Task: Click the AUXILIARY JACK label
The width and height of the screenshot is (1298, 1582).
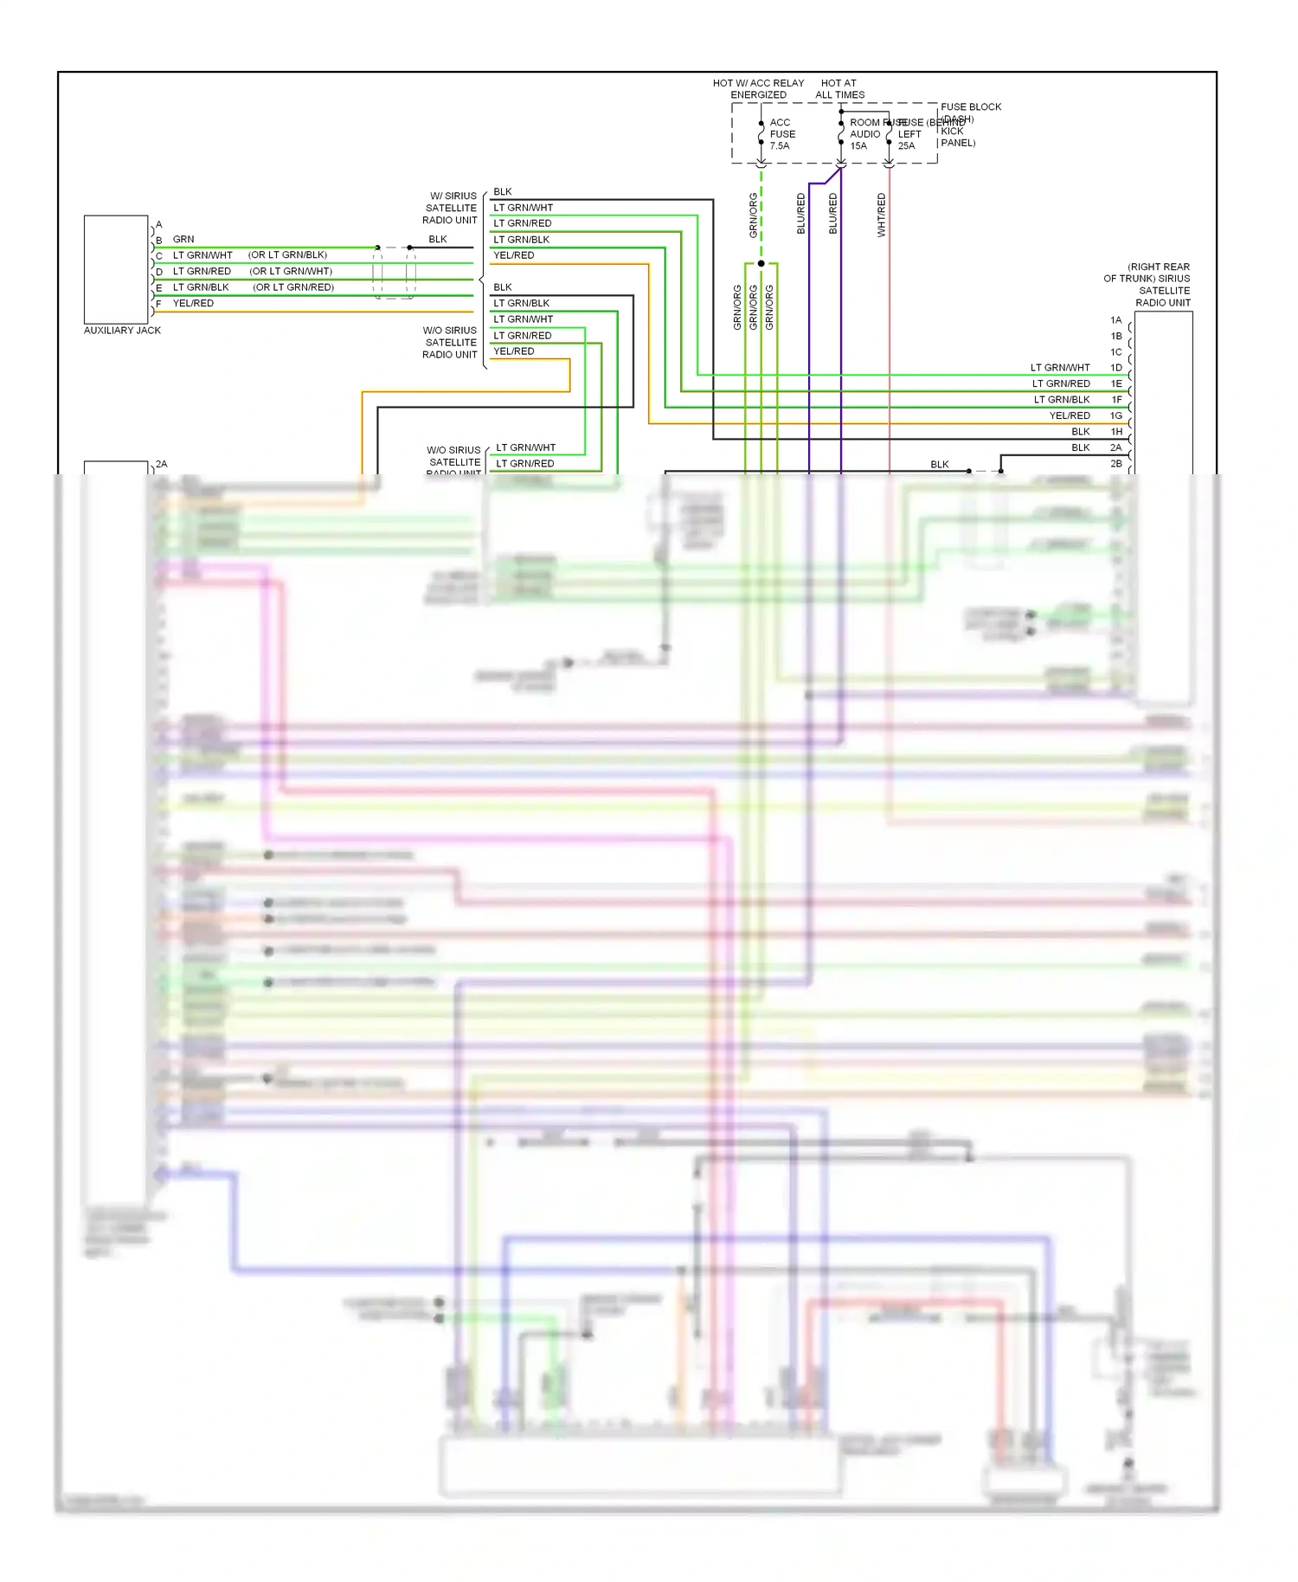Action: pos(122,331)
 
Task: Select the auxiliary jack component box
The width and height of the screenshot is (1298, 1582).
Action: pos(116,269)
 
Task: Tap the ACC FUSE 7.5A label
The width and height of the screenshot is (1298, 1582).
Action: pos(782,134)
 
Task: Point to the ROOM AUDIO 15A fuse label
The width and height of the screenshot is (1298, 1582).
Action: pos(864,134)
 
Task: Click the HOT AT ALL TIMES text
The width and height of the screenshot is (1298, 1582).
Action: pos(839,89)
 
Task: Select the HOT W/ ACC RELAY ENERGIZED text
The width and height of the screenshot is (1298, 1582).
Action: pos(758,89)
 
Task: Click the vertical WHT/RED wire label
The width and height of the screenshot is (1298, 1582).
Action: pos(882,215)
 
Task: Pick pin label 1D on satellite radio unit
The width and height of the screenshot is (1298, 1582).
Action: pos(1116,368)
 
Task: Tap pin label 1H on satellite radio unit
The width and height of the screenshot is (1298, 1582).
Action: pos(1116,432)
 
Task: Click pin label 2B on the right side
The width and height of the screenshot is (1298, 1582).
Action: pos(1116,464)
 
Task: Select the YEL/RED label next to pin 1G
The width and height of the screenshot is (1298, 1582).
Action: pos(1070,416)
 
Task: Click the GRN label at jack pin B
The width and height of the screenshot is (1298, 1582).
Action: pos(183,240)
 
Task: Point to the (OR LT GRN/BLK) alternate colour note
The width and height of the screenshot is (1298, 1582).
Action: pos(287,255)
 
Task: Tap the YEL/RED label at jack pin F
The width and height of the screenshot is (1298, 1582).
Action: pos(193,304)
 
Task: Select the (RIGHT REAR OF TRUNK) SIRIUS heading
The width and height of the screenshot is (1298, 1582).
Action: pos(1147,273)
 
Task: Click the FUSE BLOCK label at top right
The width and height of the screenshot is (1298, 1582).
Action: pos(971,107)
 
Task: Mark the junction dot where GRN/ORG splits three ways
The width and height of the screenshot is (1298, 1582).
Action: pos(761,263)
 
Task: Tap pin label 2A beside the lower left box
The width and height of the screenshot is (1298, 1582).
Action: pos(162,465)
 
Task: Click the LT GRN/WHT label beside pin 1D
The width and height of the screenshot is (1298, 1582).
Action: pos(1060,368)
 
